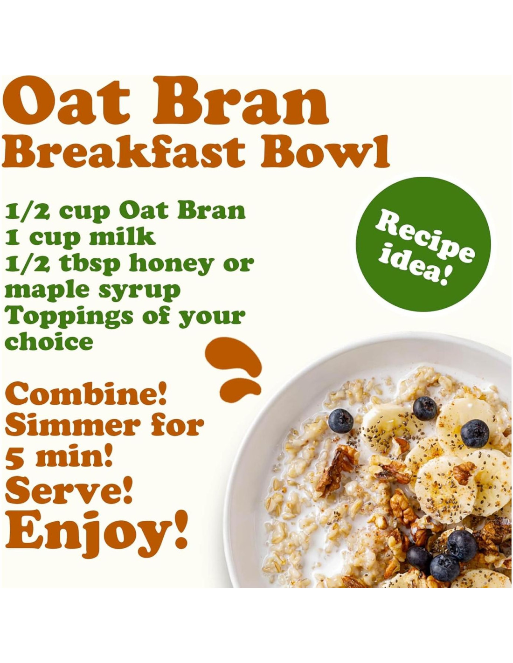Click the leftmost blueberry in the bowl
point(341,419)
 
